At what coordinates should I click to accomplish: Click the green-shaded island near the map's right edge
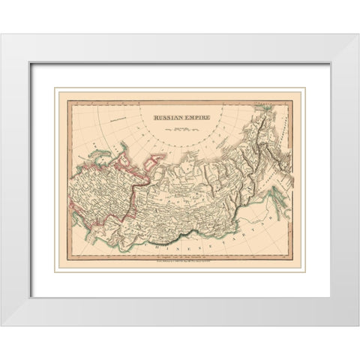click(x=280, y=199)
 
